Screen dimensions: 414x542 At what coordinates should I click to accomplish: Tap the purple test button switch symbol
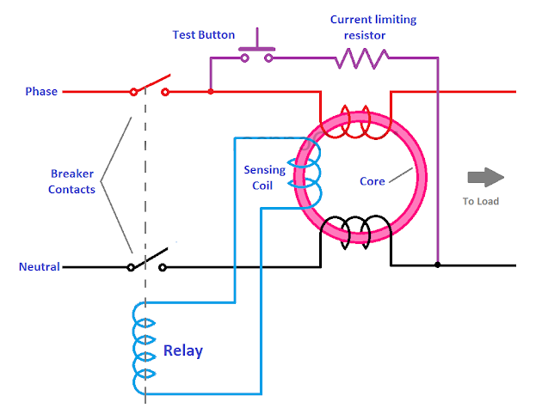coord(256,53)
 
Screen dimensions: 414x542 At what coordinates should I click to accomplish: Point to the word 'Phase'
coord(41,91)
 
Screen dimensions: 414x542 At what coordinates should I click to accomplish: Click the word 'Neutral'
coord(40,266)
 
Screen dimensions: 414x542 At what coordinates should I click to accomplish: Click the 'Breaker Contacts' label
coord(71,180)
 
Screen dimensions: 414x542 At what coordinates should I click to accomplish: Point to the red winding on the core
coord(355,122)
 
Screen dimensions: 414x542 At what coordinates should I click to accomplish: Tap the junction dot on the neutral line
coord(437,265)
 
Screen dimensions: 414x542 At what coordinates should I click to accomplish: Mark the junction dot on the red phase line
coord(211,91)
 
